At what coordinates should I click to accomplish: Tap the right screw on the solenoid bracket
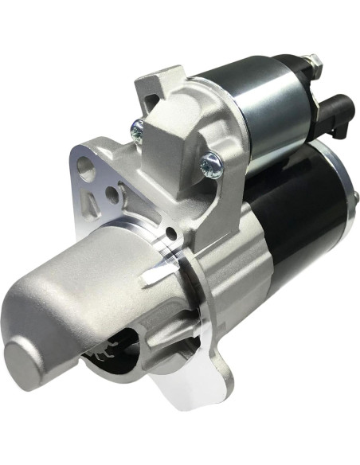(x=210, y=163)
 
